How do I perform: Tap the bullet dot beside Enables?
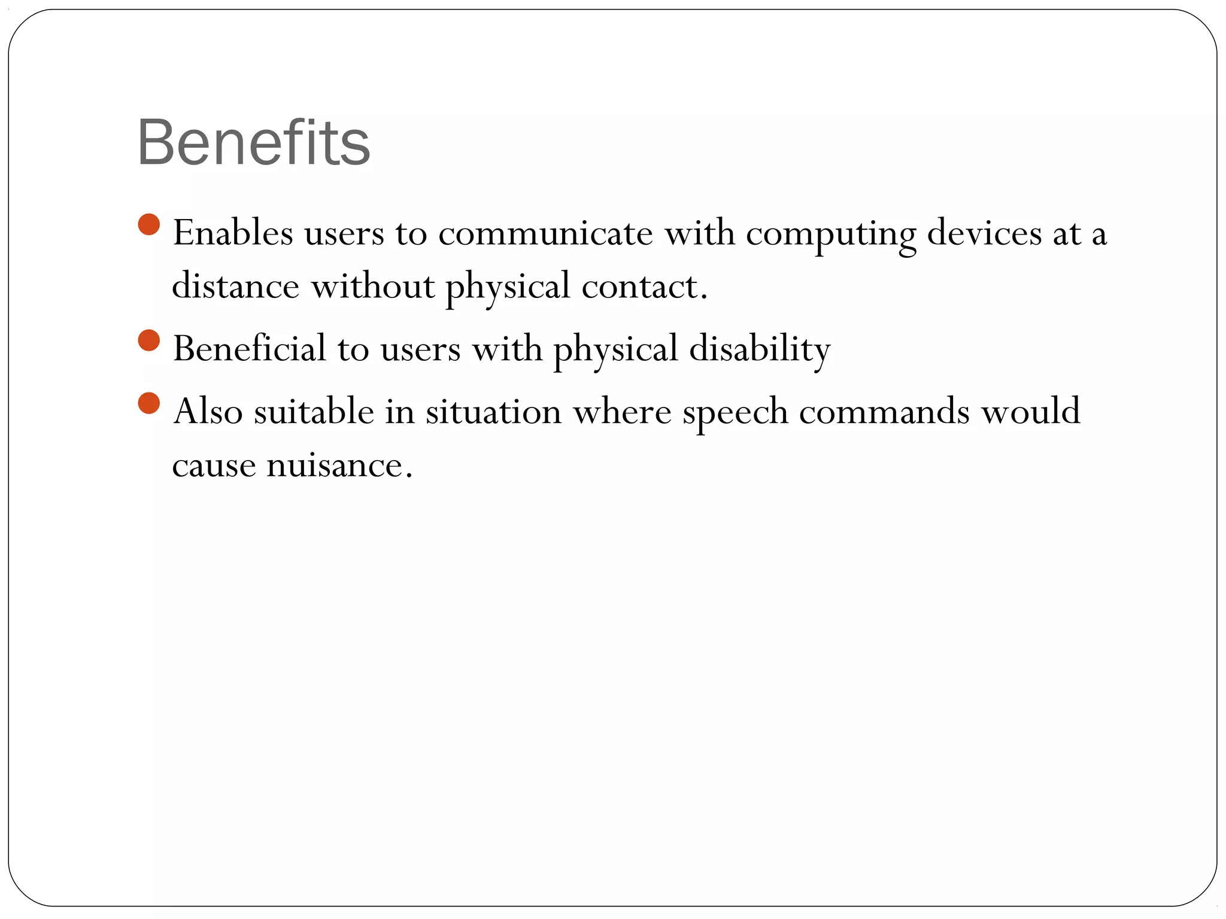148,225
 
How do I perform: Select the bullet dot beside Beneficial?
148,340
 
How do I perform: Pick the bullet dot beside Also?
148,403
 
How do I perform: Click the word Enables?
233,233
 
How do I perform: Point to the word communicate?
545,233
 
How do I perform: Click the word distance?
235,286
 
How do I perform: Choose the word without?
372,286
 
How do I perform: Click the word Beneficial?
250,348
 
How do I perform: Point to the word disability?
760,349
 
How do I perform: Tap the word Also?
208,412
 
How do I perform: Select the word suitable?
314,412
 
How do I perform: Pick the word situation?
493,412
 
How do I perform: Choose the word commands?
884,412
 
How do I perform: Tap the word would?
1030,412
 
